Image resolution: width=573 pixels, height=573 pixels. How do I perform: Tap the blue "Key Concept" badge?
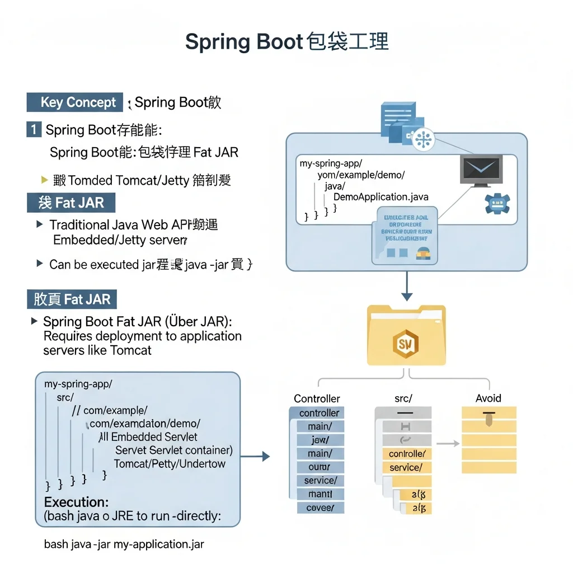pos(74,102)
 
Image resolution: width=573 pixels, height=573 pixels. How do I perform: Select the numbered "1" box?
pos(34,130)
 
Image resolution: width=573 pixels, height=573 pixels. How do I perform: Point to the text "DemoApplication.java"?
pos(381,197)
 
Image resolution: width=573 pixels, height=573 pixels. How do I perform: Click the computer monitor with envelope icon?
pos(480,170)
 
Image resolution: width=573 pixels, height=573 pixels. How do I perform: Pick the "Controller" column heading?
pos(317,398)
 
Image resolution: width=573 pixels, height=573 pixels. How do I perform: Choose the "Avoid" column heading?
pos(488,398)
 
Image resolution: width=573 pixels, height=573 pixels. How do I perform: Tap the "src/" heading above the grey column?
pos(403,398)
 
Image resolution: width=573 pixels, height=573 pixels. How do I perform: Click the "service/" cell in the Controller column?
pos(320,481)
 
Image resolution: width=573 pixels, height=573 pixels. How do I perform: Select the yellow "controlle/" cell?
pos(406,454)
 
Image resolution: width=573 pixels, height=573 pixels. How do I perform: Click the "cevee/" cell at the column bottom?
pos(320,508)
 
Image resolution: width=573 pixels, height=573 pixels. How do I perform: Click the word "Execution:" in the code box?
pos(76,502)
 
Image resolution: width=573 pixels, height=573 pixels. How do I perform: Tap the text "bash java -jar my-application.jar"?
pos(124,544)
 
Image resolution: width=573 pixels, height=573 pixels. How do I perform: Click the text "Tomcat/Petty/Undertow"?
pos(169,464)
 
